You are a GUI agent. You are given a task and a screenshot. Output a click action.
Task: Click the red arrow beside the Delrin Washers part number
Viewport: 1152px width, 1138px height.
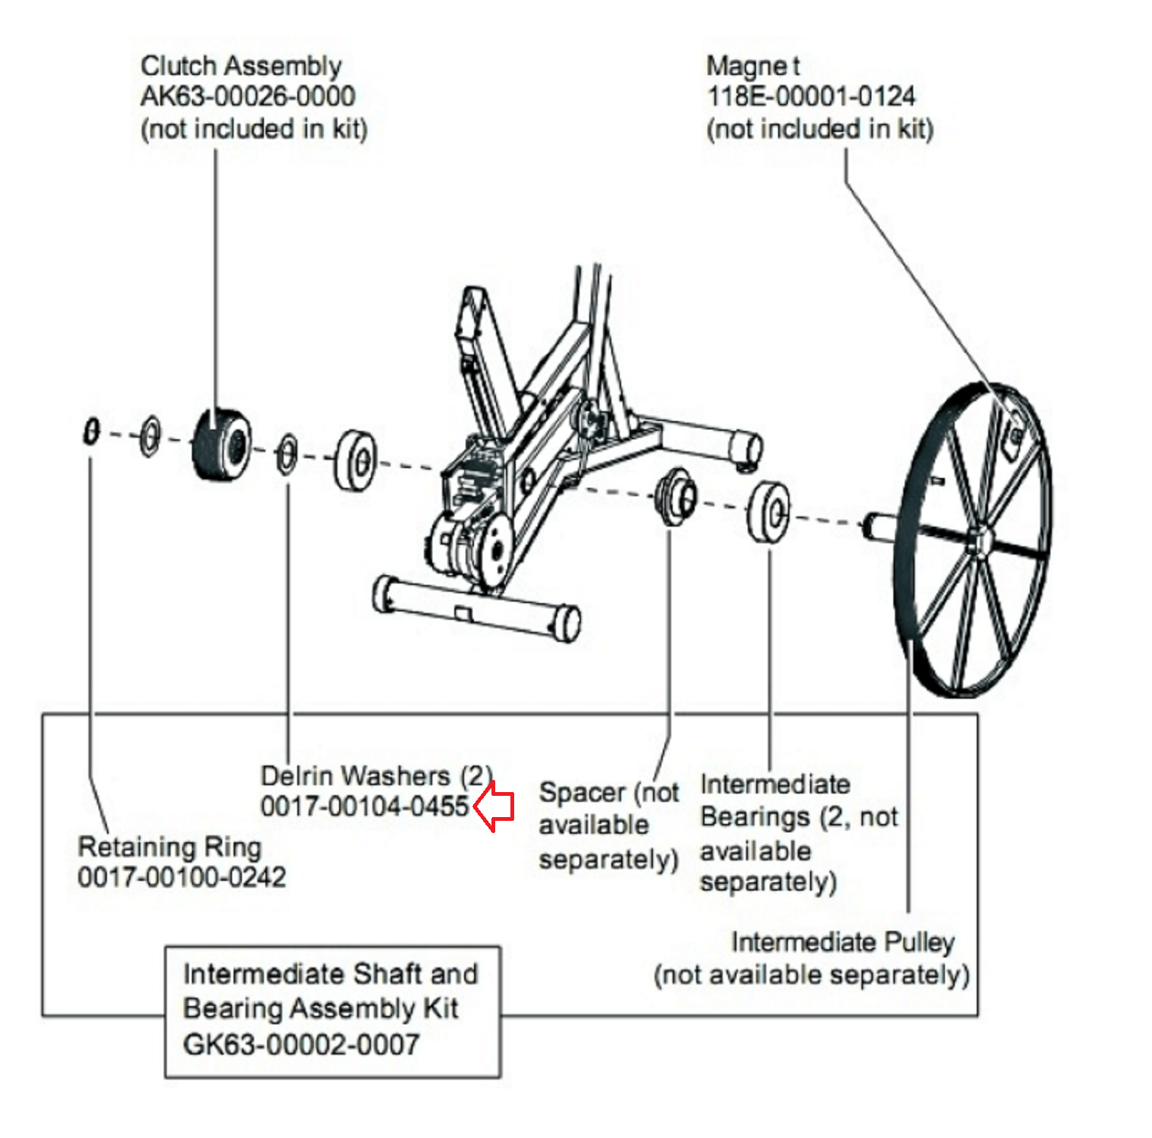tap(495, 806)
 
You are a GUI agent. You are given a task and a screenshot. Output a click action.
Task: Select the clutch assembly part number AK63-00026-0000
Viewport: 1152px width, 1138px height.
tap(247, 96)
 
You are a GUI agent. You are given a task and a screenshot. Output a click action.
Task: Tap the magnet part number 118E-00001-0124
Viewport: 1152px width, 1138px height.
tap(810, 96)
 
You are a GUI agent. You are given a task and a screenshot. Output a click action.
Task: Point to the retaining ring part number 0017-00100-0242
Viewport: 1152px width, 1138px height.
tap(181, 878)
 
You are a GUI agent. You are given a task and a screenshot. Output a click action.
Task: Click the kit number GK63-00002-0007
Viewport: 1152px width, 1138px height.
tap(300, 1045)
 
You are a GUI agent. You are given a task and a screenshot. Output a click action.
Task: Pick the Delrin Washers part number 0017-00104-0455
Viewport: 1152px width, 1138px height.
tap(364, 806)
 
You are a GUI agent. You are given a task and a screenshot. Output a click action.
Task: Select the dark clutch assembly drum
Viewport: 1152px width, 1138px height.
tap(221, 445)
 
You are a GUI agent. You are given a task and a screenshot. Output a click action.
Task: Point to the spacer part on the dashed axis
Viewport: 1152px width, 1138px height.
tap(676, 495)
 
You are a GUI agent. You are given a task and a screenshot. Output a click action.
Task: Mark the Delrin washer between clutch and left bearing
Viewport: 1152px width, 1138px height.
tap(287, 454)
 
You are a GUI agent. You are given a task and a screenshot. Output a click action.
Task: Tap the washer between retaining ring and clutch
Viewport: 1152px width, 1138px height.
tap(150, 435)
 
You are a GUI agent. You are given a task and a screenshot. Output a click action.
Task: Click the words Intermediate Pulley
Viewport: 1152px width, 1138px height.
tap(842, 942)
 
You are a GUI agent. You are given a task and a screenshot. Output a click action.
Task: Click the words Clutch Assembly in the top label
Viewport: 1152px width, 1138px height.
tap(240, 66)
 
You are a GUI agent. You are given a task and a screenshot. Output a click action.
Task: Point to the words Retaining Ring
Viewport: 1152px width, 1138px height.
tap(169, 847)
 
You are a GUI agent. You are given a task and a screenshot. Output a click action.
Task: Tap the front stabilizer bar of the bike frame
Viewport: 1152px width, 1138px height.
tap(476, 608)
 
